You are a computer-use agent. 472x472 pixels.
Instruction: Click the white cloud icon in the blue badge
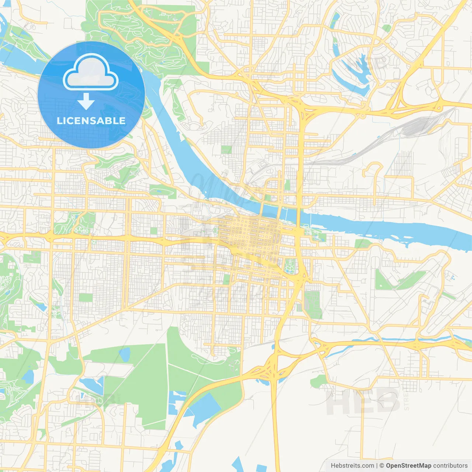[x=90, y=72]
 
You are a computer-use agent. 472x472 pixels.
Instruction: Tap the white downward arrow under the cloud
[x=86, y=101]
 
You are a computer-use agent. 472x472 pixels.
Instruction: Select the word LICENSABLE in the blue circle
[x=91, y=121]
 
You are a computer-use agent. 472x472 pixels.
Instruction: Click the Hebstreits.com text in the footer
[x=352, y=465]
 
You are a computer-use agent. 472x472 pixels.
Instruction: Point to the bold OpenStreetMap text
[x=409, y=465]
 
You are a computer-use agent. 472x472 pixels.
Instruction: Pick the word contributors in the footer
[x=450, y=465]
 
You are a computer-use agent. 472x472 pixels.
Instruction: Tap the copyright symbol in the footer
[x=382, y=465]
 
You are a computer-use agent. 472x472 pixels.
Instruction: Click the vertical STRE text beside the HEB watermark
[x=406, y=400]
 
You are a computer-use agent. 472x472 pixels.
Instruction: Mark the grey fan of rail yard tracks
[x=417, y=125]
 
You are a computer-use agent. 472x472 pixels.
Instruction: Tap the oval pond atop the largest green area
[x=125, y=354]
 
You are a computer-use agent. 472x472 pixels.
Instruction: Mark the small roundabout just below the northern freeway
[x=363, y=115]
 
